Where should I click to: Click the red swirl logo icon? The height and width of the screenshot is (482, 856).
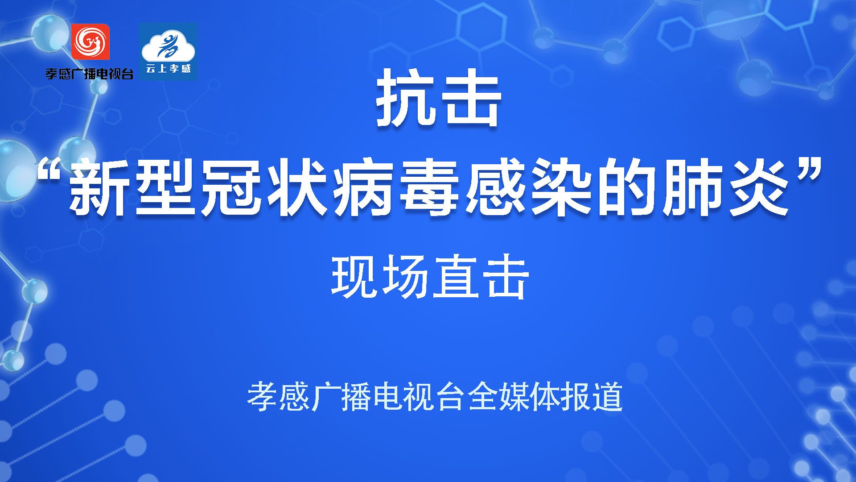point(91,42)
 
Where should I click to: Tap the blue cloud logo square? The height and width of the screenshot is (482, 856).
point(168,52)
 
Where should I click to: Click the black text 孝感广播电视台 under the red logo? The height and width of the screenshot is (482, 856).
point(89,74)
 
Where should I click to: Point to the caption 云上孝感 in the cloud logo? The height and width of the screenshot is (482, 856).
point(168,69)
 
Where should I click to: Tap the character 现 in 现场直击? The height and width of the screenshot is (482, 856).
point(354,277)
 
